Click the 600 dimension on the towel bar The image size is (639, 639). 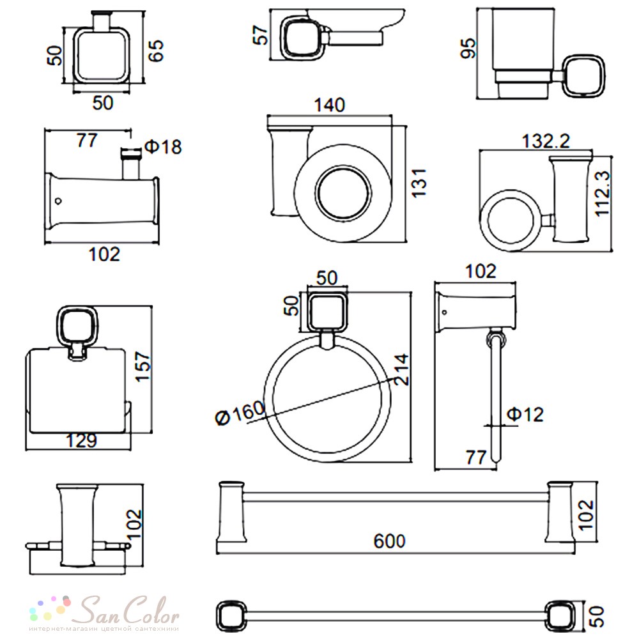tap(389, 541)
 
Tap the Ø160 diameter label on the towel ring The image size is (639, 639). tap(240, 412)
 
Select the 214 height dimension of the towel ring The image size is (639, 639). tap(401, 369)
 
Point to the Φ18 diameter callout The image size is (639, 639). tap(163, 147)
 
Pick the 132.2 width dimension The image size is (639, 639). tap(546, 141)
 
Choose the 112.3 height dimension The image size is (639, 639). tap(603, 193)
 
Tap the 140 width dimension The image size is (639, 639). tap(329, 105)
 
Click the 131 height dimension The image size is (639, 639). tap(419, 183)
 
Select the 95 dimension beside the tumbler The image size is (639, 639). tap(468, 48)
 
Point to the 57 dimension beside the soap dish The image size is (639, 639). tap(261, 35)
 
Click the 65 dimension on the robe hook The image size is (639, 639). tap(156, 50)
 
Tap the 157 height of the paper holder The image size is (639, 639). tap(143, 367)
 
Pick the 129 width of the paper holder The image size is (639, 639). tap(82, 440)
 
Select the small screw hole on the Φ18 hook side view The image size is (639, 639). tap(58, 201)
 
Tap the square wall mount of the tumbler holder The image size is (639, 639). tap(583, 76)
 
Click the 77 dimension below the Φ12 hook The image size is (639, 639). tap(476, 458)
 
